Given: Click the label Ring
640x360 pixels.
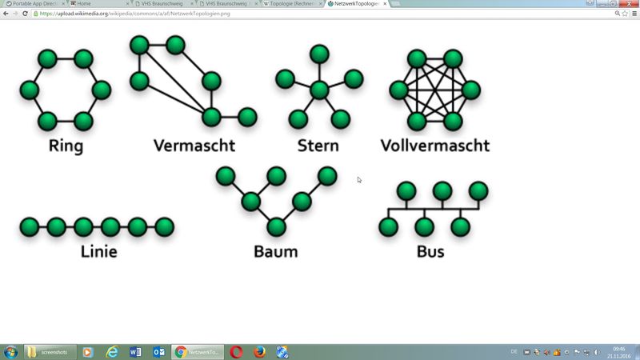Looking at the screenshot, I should click(66, 146).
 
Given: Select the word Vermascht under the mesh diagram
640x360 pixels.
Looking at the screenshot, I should click(194, 146).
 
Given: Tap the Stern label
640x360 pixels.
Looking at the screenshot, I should click(318, 146).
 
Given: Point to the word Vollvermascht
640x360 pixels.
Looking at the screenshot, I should click(434, 146).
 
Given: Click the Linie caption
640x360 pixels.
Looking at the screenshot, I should click(99, 251).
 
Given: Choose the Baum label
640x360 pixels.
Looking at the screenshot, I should click(275, 251).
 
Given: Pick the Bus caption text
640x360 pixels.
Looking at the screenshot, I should click(430, 251).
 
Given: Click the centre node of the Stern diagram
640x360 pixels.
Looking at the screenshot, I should click(319, 90).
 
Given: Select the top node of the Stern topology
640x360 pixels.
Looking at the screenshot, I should click(319, 54).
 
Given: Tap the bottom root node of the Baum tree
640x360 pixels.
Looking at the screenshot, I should click(276, 226).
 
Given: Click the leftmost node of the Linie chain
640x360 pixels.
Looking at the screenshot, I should click(30, 226).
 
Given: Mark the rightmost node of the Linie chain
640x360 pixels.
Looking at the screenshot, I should click(165, 226).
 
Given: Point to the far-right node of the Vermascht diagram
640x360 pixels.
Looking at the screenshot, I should click(247, 117).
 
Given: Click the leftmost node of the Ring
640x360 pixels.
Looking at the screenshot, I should click(30, 90).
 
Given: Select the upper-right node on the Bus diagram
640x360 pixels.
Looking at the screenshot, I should click(478, 190).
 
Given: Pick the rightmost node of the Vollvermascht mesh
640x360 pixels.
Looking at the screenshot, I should click(471, 90).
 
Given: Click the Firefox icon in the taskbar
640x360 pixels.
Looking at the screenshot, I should click(259, 352).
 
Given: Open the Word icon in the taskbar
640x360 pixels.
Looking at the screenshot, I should click(134, 352).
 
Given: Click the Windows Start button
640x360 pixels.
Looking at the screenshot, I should click(11, 352).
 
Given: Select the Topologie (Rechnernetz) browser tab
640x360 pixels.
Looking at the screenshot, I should click(294, 4).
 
